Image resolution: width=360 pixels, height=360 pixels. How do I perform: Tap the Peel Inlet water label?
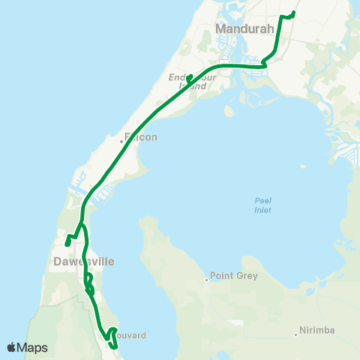pyautogui.click(x=262, y=205)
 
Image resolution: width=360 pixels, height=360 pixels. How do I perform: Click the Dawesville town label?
pyautogui.click(x=84, y=262)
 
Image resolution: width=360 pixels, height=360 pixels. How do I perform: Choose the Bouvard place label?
pyautogui.click(x=130, y=335)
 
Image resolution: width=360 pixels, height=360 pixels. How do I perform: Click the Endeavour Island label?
pyautogui.click(x=187, y=82)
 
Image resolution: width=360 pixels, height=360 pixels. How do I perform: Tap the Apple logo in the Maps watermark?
pyautogui.click(x=13, y=347)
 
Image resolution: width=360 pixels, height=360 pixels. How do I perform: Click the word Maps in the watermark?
pyautogui.click(x=34, y=348)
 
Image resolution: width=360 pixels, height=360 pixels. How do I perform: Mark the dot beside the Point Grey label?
pyautogui.click(x=207, y=280)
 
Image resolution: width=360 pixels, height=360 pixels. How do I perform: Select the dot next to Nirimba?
pyautogui.click(x=296, y=334)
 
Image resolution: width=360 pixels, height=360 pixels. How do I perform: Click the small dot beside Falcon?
pyautogui.click(x=121, y=139)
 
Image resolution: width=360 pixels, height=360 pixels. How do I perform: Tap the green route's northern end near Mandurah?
pyautogui.click(x=292, y=13)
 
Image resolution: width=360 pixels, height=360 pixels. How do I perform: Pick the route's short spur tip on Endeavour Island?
pyautogui.click(x=188, y=76)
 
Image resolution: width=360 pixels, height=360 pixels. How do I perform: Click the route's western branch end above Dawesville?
pyautogui.click(x=67, y=243)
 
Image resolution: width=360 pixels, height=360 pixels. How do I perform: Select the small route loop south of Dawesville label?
pyautogui.click(x=88, y=283)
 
